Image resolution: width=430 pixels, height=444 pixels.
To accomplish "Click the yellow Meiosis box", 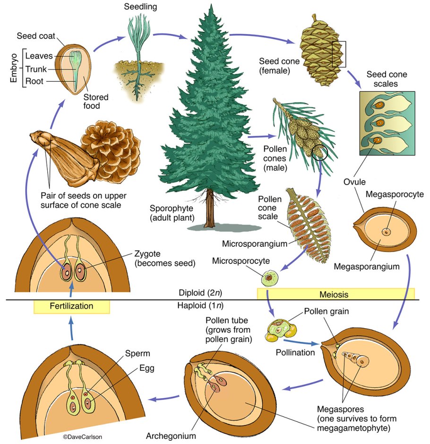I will point(335,294).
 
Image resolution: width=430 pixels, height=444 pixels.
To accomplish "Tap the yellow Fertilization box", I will point(71,306).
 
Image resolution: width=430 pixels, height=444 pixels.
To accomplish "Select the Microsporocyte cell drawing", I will point(270,277).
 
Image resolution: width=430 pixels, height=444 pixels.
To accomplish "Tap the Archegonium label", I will point(178,435).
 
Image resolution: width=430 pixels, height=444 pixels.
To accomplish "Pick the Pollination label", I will point(295,353).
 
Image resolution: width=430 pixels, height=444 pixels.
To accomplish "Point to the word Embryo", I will point(14,68).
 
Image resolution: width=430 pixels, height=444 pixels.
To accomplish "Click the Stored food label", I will point(96,102).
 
